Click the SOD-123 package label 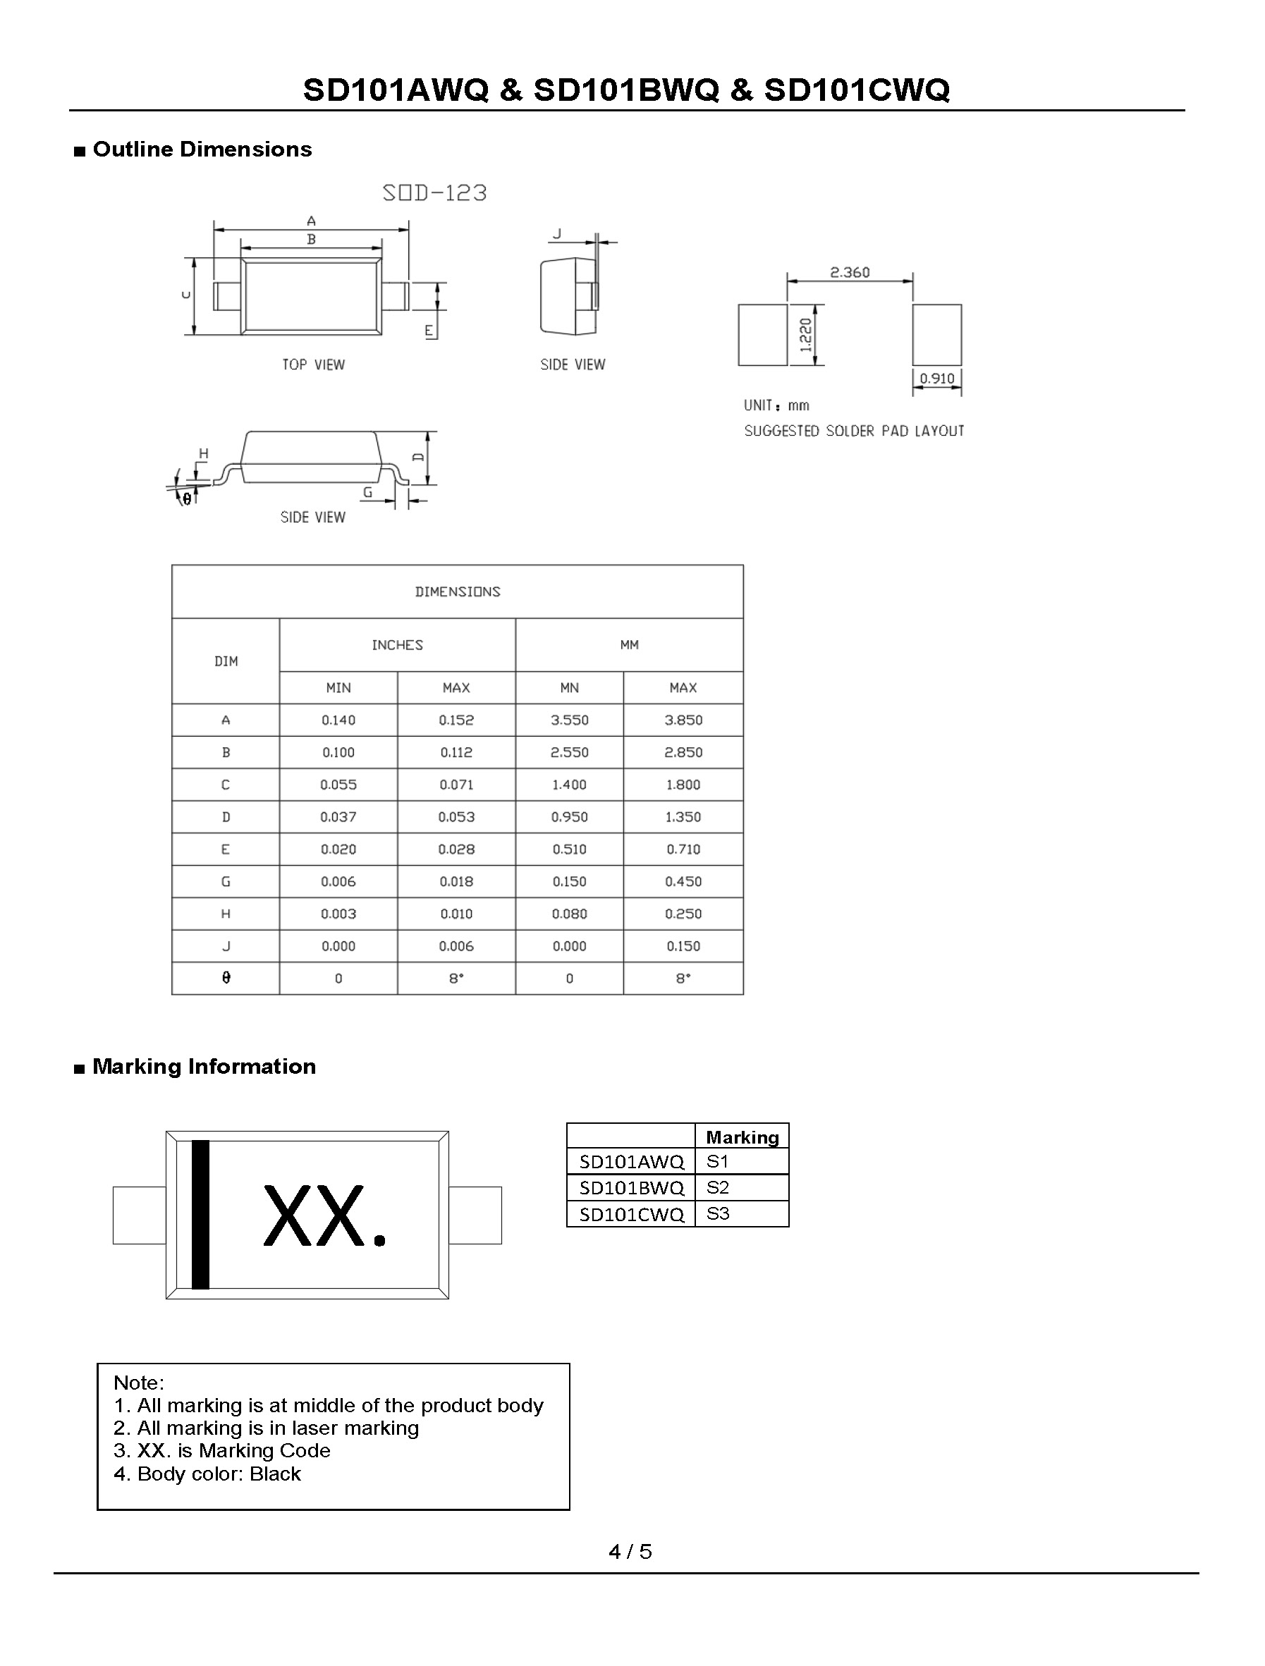435,192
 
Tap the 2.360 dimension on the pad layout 849,272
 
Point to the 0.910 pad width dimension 936,378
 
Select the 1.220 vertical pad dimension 805,335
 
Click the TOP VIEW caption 313,365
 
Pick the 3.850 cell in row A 683,720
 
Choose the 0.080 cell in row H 569,914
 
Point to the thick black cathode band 200,1215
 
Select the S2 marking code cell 718,1188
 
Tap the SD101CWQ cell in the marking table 631,1214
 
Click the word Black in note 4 275,1474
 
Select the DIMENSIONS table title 458,592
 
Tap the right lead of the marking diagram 475,1215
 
